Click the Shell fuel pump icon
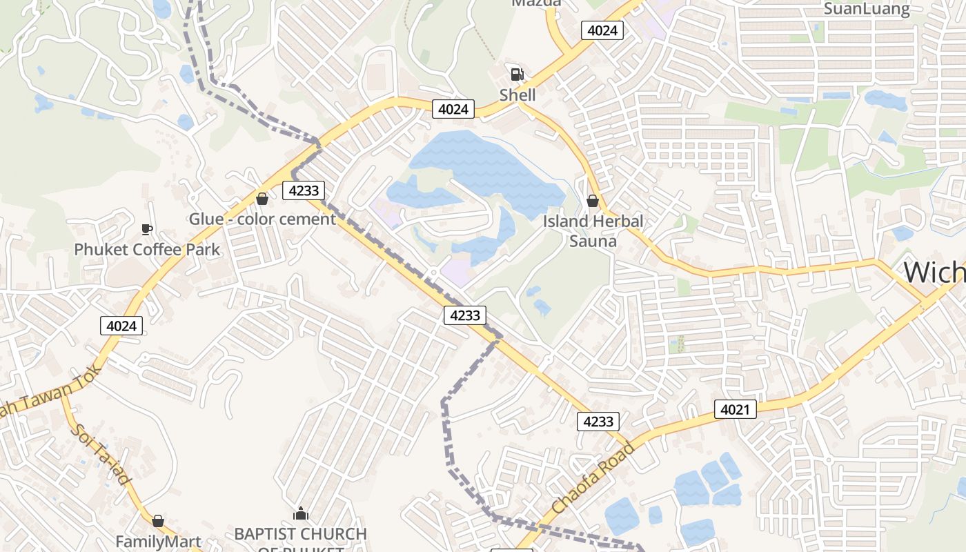516,75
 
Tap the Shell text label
517,95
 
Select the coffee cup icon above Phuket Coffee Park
146,229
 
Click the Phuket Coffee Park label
147,249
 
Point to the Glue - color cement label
262,219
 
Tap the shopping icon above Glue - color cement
262,199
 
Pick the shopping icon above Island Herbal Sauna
592,201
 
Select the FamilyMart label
158,542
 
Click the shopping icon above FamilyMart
158,521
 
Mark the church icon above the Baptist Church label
300,513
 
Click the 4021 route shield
735,409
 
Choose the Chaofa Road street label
593,478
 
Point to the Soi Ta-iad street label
101,453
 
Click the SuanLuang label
867,9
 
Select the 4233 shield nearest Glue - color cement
304,190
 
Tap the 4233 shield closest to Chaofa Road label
598,421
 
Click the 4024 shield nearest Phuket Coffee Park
122,325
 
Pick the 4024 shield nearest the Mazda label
602,30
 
